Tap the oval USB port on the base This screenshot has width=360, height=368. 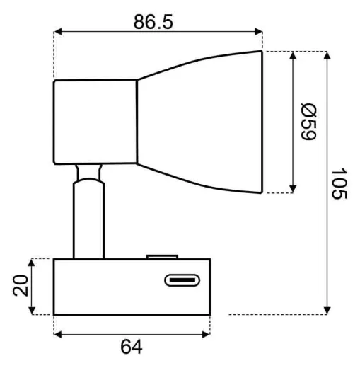(x=183, y=281)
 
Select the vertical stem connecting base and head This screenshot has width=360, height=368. (x=89, y=219)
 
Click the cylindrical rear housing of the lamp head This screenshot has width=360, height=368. (x=95, y=121)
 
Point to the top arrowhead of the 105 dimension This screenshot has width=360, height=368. (x=327, y=56)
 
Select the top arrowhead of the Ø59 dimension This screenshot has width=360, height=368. (x=293, y=56)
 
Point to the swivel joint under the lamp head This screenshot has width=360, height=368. (x=89, y=172)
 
